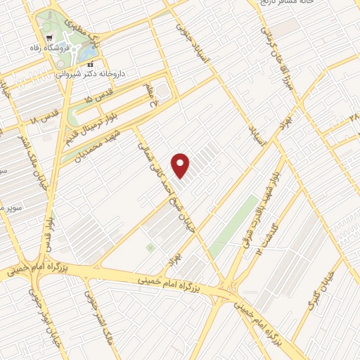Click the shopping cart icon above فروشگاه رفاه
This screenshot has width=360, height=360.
pyautogui.click(x=48, y=39)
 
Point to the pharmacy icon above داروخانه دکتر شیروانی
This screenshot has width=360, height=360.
pyautogui.click(x=89, y=63)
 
